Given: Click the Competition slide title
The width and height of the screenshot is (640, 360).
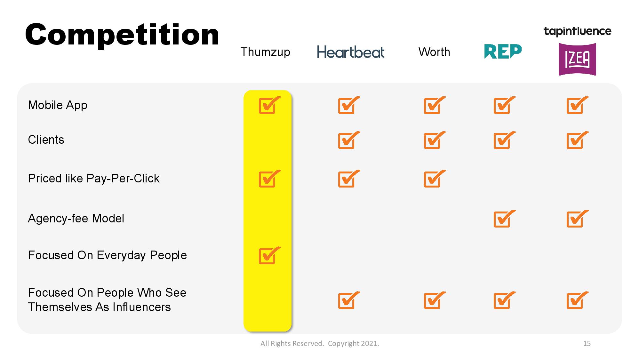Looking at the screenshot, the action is click(122, 35).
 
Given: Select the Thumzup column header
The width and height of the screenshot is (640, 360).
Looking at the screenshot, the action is click(265, 52).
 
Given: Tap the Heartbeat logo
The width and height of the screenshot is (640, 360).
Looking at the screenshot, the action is click(351, 52).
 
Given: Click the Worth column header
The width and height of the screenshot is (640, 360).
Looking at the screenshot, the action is click(434, 52).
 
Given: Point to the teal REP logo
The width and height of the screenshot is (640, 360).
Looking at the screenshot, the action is click(503, 52).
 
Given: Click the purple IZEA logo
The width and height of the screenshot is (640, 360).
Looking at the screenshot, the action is click(577, 60).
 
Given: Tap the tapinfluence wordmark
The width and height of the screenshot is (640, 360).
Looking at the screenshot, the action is click(578, 31).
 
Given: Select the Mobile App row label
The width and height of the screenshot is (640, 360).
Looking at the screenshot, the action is click(58, 105).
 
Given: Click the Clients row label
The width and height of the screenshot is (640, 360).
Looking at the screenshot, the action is click(46, 140).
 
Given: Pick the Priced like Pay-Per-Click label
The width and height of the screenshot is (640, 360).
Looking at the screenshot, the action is click(94, 179).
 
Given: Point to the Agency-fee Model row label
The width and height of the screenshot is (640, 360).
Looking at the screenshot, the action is click(76, 219).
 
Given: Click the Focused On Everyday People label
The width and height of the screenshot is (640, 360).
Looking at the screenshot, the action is click(108, 255).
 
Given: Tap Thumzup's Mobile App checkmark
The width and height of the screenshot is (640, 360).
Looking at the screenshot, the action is click(269, 105).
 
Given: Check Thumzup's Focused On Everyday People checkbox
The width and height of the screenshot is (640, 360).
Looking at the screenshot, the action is click(269, 255).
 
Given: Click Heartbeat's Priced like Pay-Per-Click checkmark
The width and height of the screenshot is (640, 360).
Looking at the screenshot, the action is click(349, 179).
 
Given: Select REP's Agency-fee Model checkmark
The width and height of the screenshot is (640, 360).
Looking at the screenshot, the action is click(504, 219).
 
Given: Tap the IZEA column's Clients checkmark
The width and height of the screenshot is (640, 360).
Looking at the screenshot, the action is click(577, 140).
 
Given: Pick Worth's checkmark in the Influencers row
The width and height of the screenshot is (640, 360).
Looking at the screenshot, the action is click(435, 300).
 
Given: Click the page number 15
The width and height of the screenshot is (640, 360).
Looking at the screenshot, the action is click(587, 343).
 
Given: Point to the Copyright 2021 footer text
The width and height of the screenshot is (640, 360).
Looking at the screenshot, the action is click(353, 344).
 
